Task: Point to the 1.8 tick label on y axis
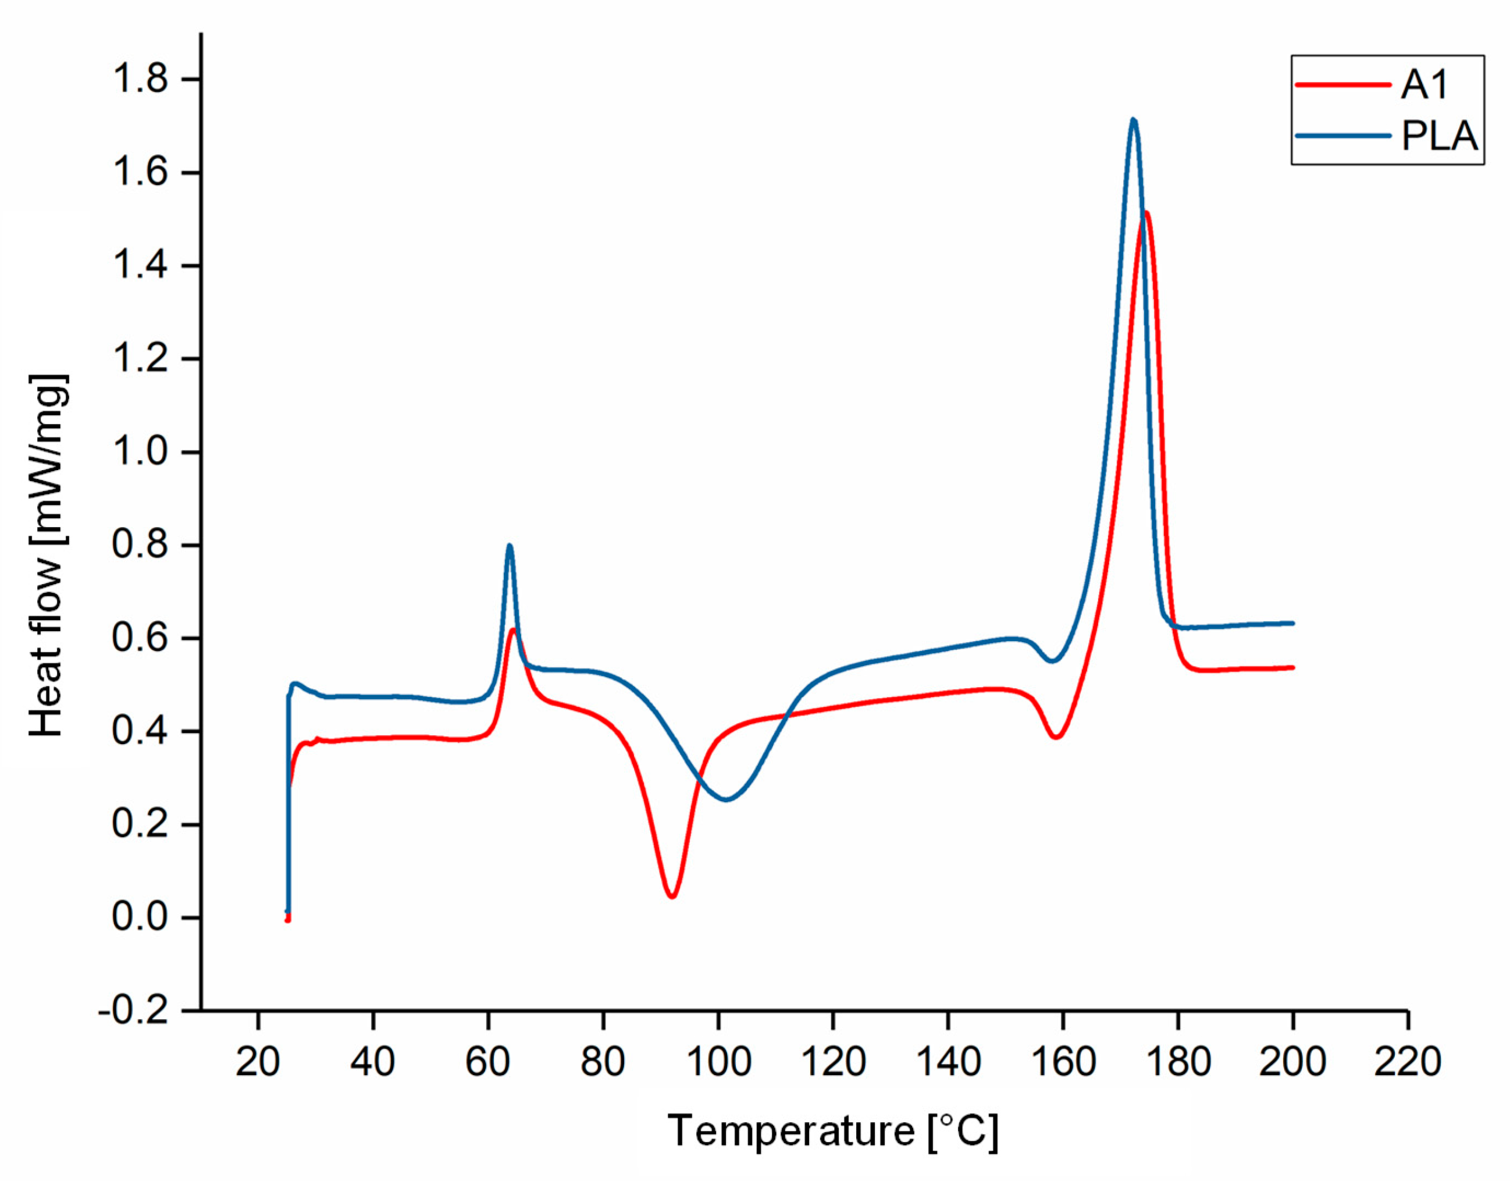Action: click(141, 80)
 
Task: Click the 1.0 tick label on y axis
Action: click(141, 453)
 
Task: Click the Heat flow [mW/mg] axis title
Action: click(48, 554)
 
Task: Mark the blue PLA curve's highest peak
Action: click(1132, 120)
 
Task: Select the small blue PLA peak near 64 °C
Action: click(510, 546)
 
